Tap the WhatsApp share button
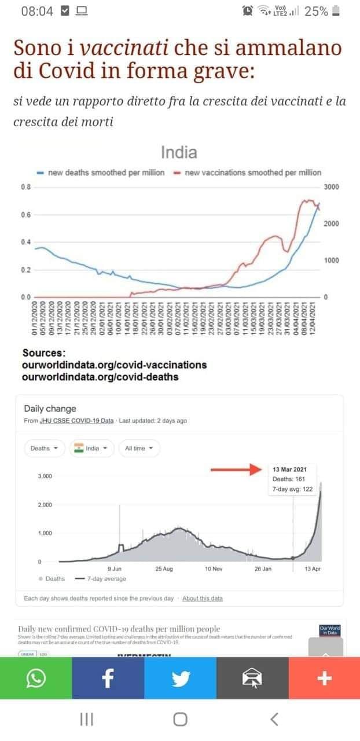35,678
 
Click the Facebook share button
108,678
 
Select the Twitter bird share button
180,678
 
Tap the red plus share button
324,678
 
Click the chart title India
179,153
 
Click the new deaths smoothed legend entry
101,173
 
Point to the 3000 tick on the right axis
332,187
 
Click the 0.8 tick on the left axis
25,187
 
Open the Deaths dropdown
44,448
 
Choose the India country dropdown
91,448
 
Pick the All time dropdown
139,448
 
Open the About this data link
202,598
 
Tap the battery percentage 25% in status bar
317,11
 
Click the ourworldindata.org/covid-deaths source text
100,377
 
